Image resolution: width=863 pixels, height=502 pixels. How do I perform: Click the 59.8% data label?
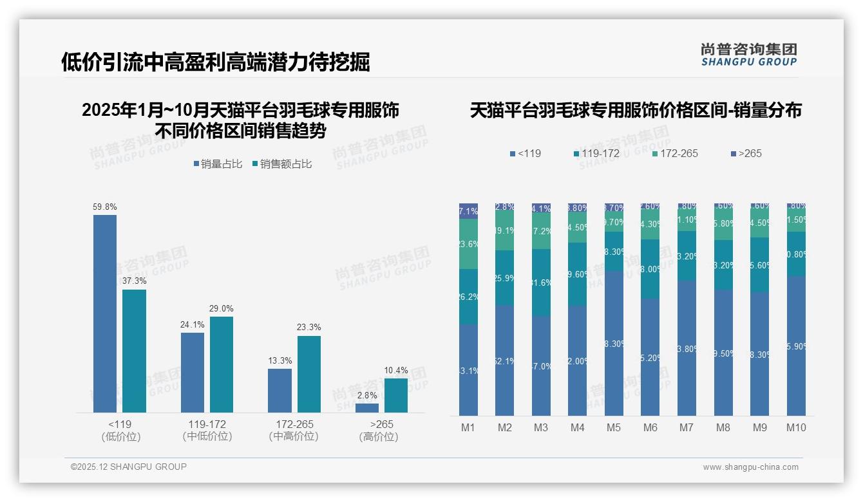click(x=105, y=207)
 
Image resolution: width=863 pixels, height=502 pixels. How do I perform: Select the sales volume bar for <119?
click(x=105, y=313)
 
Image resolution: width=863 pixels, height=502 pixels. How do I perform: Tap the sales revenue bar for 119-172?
click(x=222, y=364)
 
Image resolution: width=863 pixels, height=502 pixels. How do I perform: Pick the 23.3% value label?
click(x=309, y=327)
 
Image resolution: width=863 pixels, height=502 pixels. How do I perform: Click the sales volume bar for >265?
click(x=367, y=408)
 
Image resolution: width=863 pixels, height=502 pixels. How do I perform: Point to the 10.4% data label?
click(x=396, y=370)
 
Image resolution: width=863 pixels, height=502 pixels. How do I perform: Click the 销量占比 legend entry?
click(x=218, y=164)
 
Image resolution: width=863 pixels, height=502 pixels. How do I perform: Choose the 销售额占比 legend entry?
click(x=282, y=164)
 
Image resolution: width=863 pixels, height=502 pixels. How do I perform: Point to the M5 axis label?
click(x=613, y=427)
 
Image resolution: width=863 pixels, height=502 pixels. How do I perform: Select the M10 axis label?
click(x=796, y=427)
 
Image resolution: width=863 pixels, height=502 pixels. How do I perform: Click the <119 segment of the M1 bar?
click(x=468, y=370)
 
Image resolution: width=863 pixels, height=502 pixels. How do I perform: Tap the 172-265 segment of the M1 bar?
click(x=468, y=244)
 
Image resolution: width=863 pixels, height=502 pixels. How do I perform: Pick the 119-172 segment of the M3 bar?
click(x=540, y=283)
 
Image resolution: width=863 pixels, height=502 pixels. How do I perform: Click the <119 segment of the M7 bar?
click(x=687, y=348)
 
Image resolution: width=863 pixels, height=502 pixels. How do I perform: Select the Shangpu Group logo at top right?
click(x=748, y=54)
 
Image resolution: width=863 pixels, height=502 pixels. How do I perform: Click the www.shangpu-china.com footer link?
click(x=750, y=467)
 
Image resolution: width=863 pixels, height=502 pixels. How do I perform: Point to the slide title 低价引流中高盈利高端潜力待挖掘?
click(x=216, y=62)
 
